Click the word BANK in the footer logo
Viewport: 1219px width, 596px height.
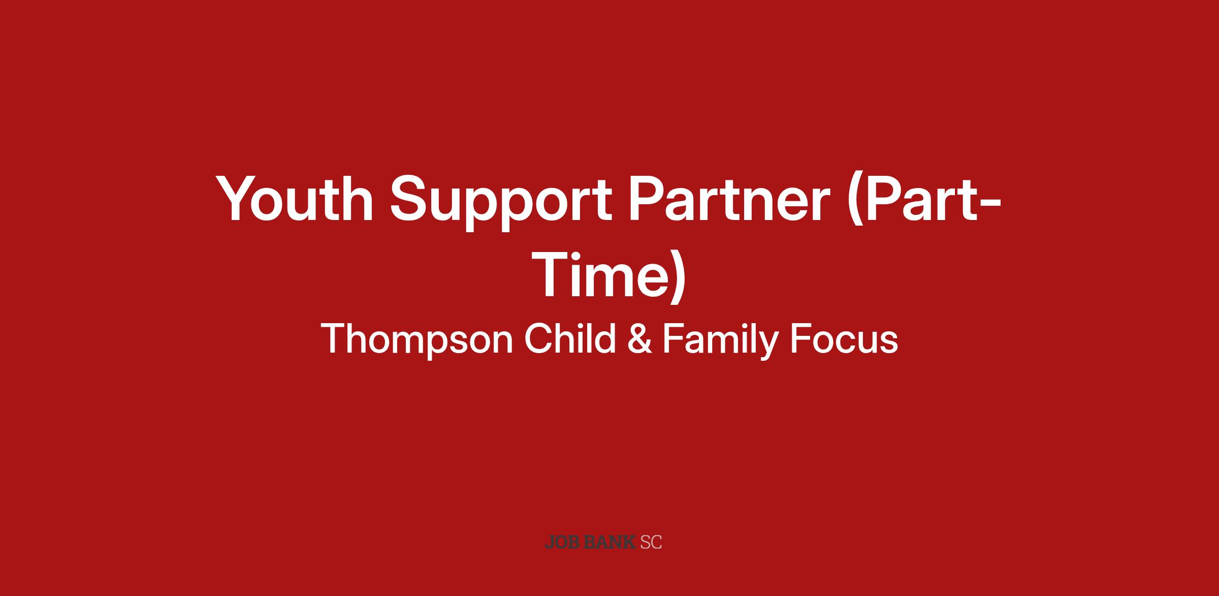coord(610,542)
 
